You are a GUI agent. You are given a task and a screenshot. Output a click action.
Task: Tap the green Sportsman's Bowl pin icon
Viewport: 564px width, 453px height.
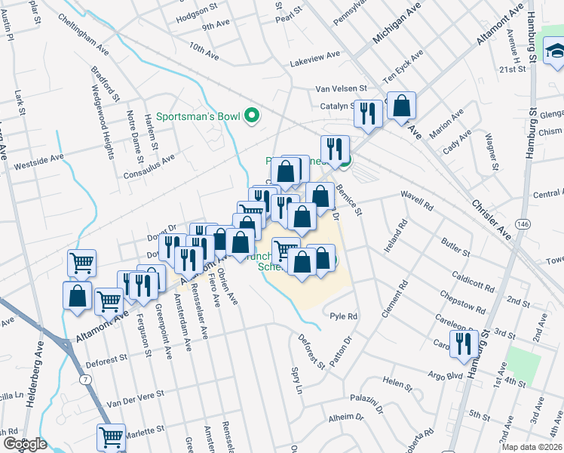(253, 116)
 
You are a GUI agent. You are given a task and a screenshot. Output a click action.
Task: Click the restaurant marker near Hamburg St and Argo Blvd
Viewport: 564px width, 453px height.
(461, 344)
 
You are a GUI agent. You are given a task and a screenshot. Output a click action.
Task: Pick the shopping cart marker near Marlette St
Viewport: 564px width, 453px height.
(111, 437)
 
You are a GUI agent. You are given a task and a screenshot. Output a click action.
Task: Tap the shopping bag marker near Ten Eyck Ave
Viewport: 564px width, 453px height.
(402, 106)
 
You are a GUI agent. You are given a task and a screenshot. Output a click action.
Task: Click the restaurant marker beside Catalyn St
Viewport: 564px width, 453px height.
(367, 113)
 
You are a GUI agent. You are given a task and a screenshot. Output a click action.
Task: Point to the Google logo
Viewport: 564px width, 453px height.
(25, 444)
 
